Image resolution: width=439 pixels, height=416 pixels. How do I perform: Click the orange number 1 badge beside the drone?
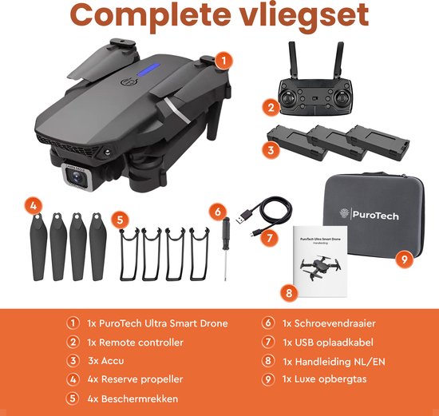tap(226, 60)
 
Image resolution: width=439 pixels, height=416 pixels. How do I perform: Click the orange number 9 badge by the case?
tap(405, 259)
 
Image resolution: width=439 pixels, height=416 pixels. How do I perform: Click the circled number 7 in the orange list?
tap(267, 343)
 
